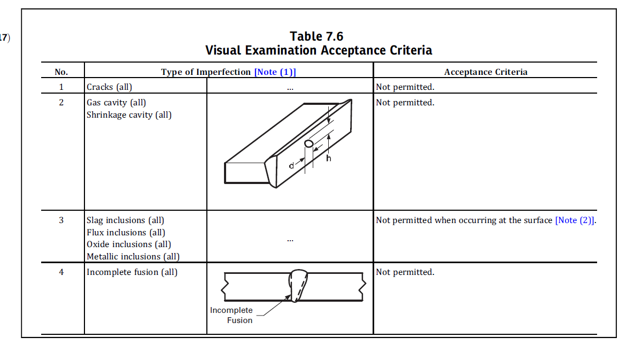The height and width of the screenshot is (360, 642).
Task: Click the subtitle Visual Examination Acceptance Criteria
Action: click(319, 50)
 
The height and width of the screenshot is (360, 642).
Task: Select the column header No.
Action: click(61, 72)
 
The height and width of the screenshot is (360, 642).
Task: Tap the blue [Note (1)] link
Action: click(275, 72)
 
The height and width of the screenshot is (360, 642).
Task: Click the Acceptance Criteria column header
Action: click(485, 72)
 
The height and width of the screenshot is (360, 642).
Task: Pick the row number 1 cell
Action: click(61, 87)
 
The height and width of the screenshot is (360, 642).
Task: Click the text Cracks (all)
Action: click(109, 87)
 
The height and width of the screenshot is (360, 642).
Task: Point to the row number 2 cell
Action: click(61, 102)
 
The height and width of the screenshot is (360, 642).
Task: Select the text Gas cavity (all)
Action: click(116, 102)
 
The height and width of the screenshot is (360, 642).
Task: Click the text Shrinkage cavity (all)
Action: click(129, 114)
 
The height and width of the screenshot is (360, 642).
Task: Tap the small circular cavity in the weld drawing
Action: click(308, 144)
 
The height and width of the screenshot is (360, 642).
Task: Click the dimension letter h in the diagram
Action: click(329, 158)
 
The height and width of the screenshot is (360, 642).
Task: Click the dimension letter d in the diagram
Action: click(291, 166)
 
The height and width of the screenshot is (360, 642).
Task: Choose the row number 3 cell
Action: click(61, 220)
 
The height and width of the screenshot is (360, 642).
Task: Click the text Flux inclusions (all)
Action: click(126, 232)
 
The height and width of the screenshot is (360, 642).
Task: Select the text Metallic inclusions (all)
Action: click(133, 256)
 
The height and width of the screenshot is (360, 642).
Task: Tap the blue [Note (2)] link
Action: click(575, 220)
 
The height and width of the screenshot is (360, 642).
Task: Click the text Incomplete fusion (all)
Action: click(132, 272)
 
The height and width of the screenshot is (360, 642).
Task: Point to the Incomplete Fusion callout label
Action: click(231, 315)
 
